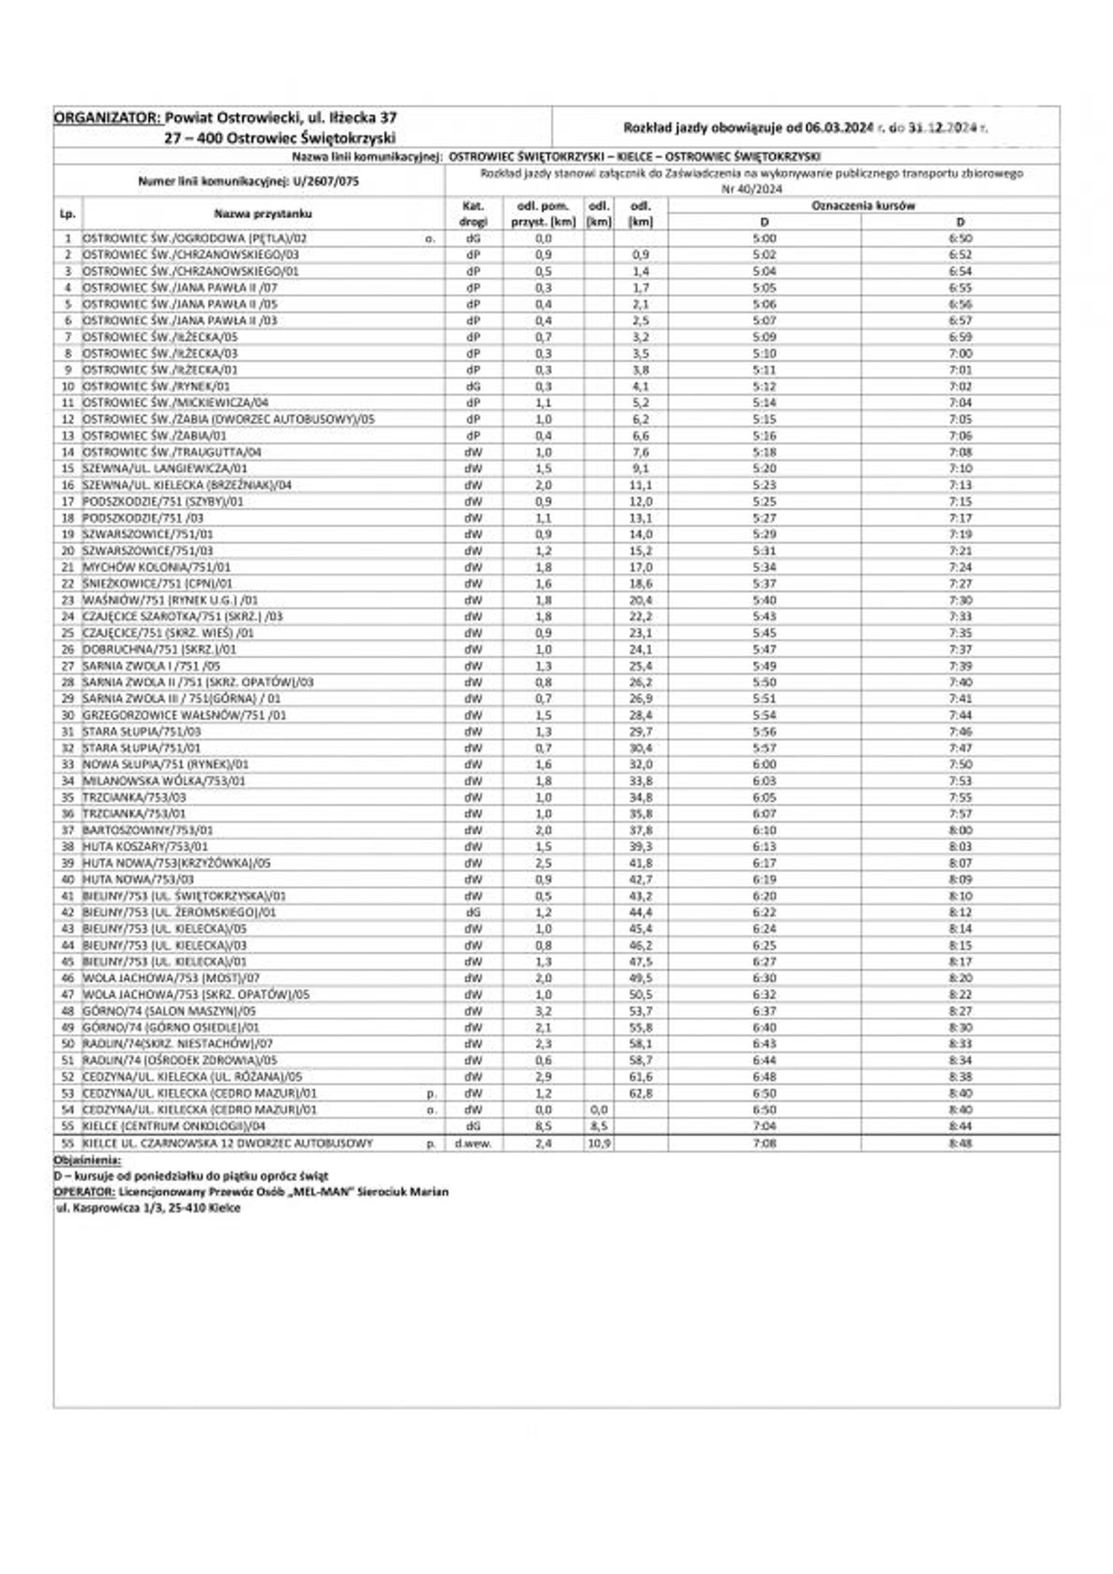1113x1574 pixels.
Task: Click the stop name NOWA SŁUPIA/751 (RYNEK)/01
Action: [166, 764]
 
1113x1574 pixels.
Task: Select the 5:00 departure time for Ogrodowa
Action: [765, 239]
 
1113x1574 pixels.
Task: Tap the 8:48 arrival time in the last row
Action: [960, 1143]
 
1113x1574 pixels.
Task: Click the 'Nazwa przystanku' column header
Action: [263, 214]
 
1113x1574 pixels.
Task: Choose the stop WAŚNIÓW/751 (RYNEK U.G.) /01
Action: [170, 600]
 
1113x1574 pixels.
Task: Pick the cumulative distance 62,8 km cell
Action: [640, 1093]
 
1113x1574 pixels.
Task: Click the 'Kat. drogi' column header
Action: [473, 214]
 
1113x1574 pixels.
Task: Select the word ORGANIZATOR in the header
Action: [107, 117]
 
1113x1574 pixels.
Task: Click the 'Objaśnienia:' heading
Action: [87, 1160]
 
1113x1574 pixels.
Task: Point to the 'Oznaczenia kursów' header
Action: [863, 206]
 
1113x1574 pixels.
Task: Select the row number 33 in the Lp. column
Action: [68, 764]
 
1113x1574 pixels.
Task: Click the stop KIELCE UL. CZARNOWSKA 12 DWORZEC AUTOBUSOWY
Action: [228, 1143]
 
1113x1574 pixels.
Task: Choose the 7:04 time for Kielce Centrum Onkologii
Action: [765, 1127]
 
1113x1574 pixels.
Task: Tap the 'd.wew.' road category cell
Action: [473, 1143]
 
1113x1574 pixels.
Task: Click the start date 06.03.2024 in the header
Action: [838, 128]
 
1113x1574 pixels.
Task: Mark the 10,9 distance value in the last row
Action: [599, 1143]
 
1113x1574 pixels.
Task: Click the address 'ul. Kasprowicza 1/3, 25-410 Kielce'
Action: [148, 1208]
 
